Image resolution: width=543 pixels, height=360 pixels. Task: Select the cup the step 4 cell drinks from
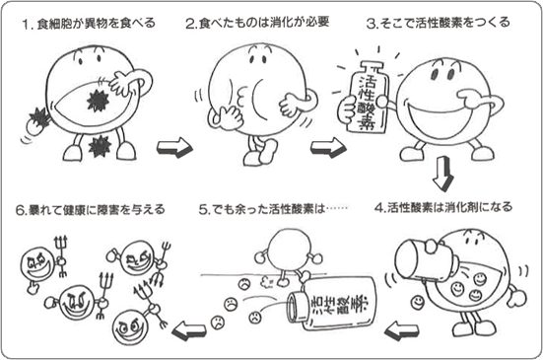coord(424,255)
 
